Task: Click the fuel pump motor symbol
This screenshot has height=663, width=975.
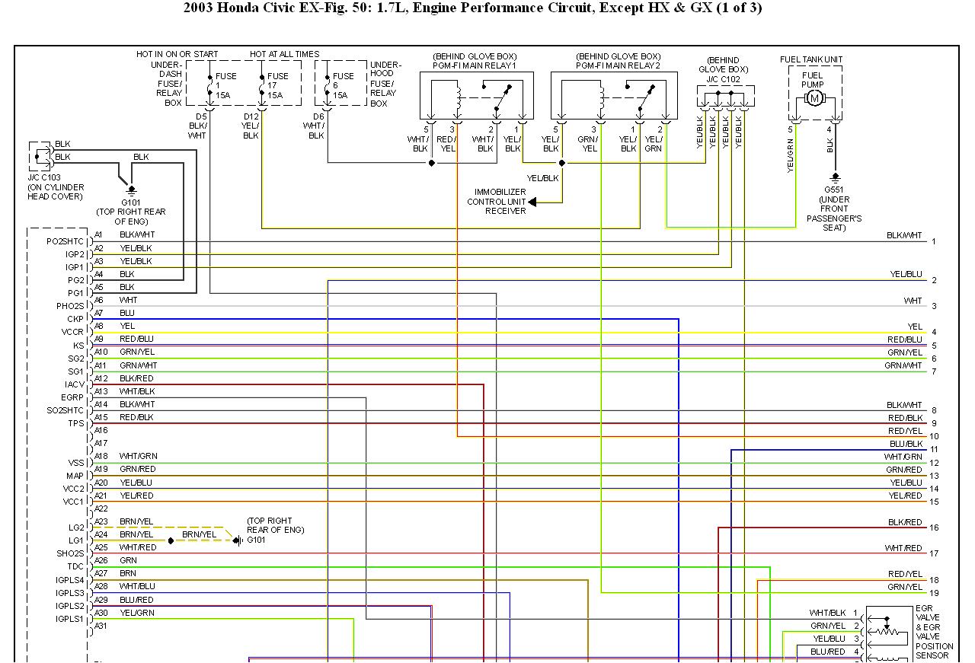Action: coord(814,98)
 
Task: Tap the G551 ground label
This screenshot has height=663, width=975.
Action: coord(835,190)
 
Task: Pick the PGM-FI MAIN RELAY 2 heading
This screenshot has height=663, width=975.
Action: coord(618,65)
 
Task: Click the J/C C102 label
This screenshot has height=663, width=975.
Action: coord(723,78)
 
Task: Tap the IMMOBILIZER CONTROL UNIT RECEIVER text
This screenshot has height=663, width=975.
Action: coord(497,202)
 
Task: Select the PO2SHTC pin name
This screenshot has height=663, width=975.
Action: coord(65,241)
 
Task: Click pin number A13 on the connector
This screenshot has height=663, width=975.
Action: coord(101,391)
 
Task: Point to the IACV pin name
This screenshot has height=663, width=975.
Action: coord(74,385)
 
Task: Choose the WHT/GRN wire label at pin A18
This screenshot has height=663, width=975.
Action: coord(138,456)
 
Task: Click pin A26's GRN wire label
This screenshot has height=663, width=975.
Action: coord(128,559)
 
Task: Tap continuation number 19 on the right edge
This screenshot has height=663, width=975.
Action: coord(934,593)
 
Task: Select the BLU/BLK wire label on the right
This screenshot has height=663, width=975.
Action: coord(906,444)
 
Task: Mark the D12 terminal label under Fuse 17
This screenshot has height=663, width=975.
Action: coord(251,116)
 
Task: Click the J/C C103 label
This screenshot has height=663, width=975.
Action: coord(45,177)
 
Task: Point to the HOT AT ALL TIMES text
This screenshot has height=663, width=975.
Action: coord(284,54)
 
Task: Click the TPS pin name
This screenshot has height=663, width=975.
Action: coord(75,424)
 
